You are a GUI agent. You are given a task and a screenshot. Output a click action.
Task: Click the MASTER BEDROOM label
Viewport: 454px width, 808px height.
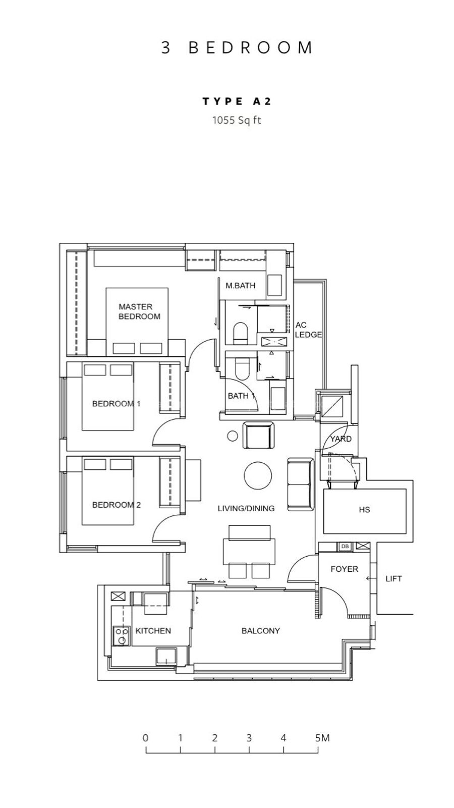coord(139,312)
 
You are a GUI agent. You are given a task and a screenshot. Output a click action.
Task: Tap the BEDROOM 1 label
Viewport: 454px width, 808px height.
coord(116,404)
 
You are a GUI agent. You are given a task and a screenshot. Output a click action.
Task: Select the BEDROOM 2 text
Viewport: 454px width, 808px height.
coord(117,505)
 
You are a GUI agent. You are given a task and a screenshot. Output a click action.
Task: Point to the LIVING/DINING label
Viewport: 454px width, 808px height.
coord(246,508)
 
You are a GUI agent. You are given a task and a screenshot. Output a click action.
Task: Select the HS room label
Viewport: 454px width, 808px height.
coord(364,509)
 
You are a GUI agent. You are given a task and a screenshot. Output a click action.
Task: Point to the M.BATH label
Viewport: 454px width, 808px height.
coord(240,285)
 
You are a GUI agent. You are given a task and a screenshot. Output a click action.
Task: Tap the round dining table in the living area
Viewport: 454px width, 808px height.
coord(258,476)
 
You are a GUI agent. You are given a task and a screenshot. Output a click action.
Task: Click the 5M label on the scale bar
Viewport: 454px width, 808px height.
coord(322,738)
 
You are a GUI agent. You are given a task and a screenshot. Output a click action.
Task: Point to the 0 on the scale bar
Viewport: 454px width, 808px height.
coord(145,738)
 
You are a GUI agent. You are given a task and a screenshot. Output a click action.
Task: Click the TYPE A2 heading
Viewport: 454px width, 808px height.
coord(237,101)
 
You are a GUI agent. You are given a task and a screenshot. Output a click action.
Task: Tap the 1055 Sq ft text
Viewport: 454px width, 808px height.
coord(237,120)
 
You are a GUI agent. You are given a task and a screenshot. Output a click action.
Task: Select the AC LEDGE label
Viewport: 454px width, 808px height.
coord(308,330)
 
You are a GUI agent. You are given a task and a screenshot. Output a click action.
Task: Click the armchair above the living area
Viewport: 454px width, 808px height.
coord(259,435)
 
